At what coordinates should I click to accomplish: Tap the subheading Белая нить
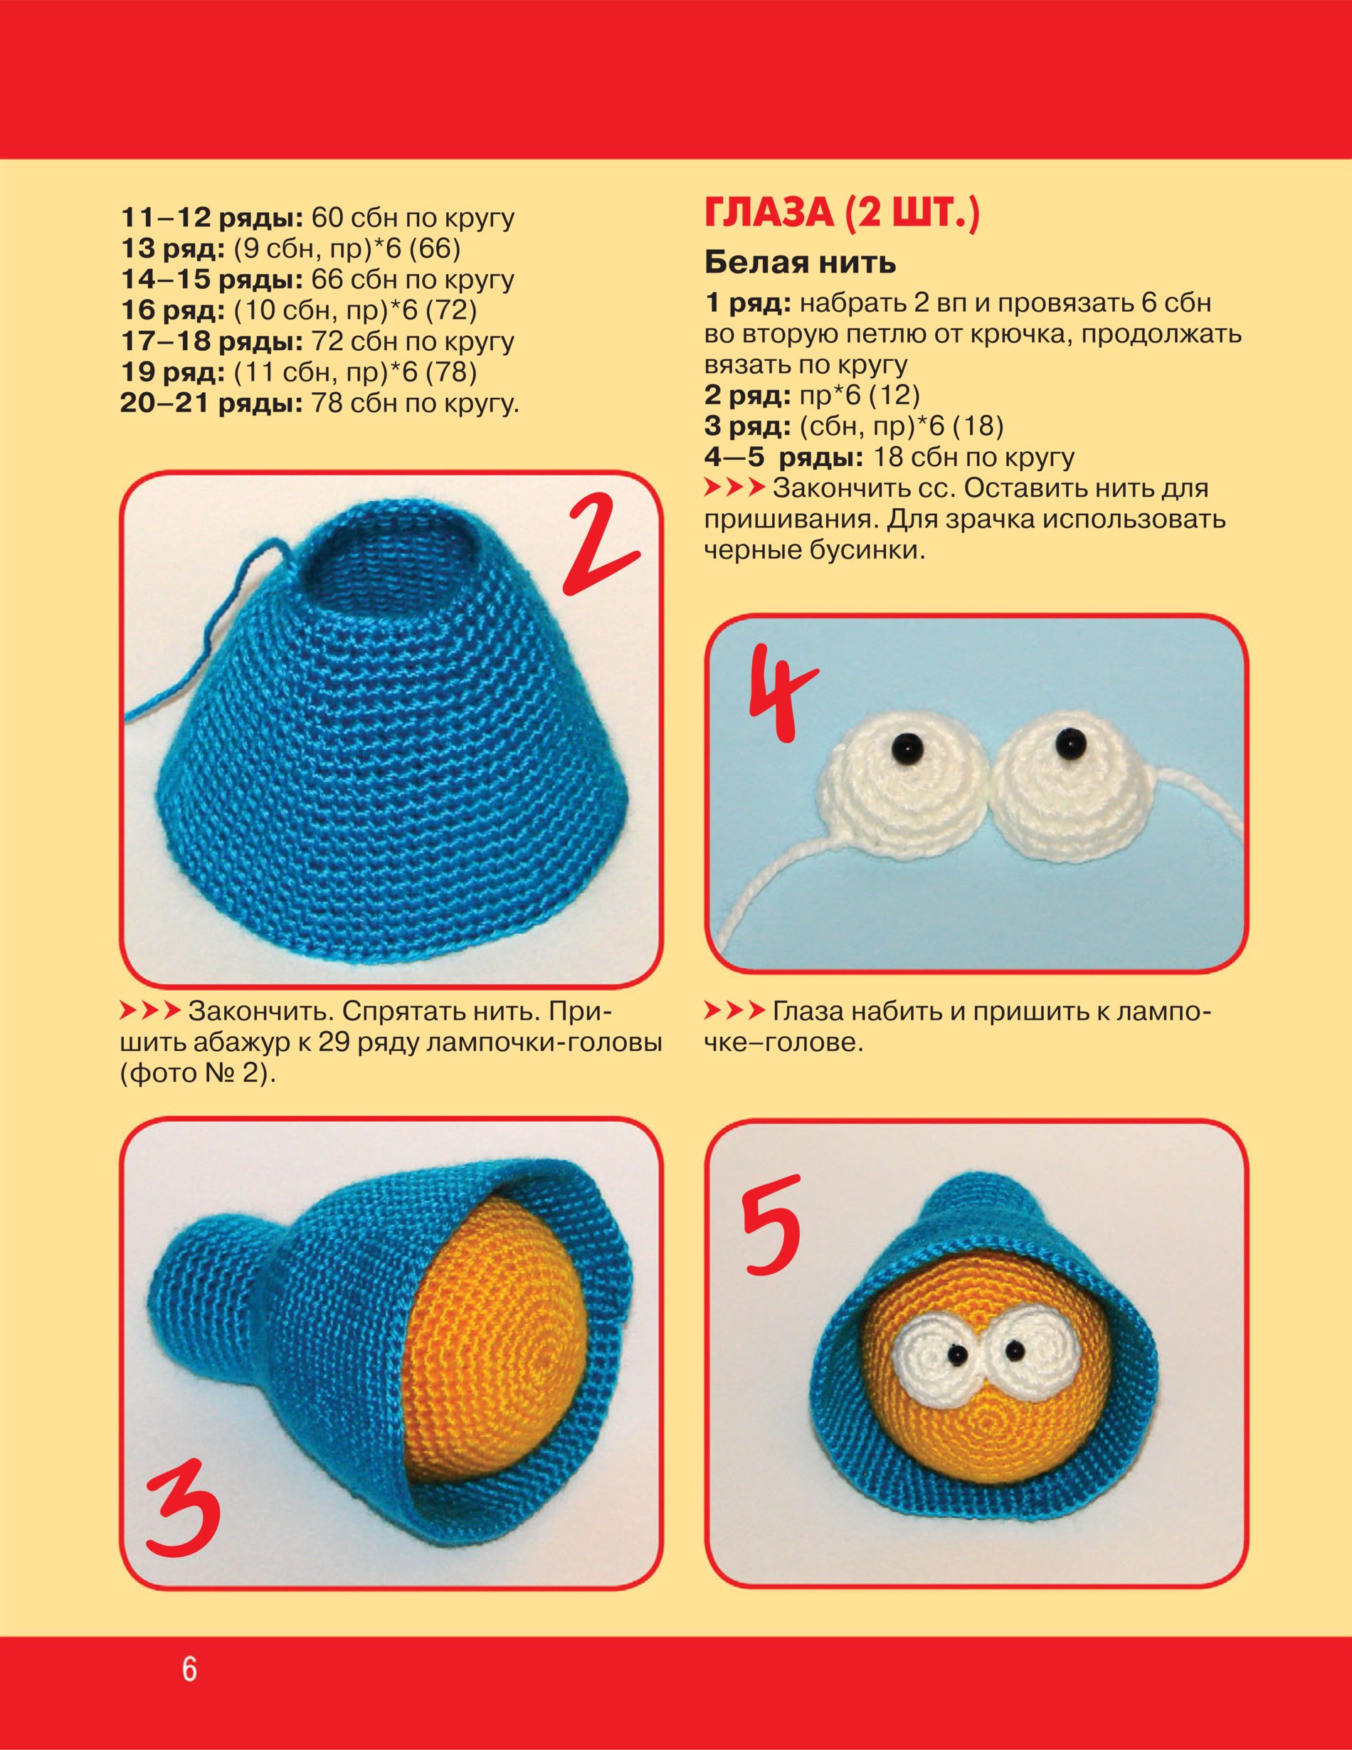click(x=800, y=262)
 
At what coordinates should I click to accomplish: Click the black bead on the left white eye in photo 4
click(x=907, y=745)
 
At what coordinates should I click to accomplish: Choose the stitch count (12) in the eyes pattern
click(x=894, y=395)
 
